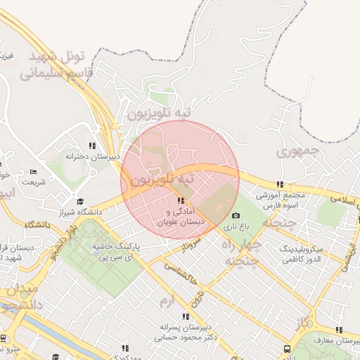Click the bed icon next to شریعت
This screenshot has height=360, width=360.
click(x=32, y=172)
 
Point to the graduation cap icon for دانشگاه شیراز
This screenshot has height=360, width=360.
click(x=79, y=201)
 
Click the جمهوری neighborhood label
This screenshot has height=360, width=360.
click(x=299, y=150)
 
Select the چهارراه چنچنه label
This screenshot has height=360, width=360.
click(x=242, y=253)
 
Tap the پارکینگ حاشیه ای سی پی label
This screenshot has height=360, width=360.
click(x=117, y=253)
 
